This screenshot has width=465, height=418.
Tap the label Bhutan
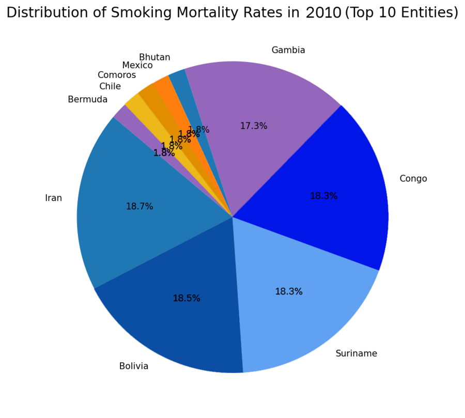pyautogui.click(x=154, y=57)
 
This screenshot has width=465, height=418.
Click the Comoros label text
pyautogui.click(x=117, y=75)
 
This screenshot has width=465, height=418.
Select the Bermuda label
pyautogui.click(x=88, y=99)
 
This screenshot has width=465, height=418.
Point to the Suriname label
pyautogui.click(x=356, y=353)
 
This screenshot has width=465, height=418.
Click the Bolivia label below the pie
pyautogui.click(x=134, y=366)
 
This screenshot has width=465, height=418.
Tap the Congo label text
pyautogui.click(x=413, y=179)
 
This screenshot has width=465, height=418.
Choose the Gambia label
pyautogui.click(x=288, y=50)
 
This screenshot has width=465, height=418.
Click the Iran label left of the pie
pyautogui.click(x=54, y=198)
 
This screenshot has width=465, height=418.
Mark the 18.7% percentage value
pyautogui.click(x=139, y=206)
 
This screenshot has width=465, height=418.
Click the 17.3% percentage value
pyautogui.click(x=254, y=126)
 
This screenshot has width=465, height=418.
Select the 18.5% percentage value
pyautogui.click(x=187, y=298)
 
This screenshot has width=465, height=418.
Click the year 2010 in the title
pyautogui.click(x=323, y=12)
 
